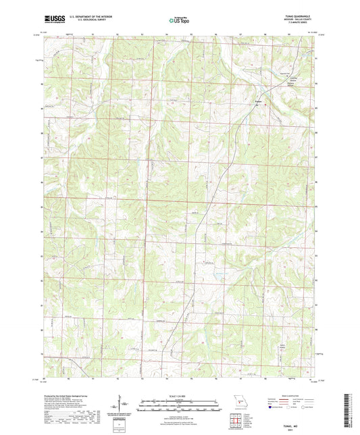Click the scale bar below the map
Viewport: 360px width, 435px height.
180,405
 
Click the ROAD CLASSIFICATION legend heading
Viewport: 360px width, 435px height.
292,396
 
